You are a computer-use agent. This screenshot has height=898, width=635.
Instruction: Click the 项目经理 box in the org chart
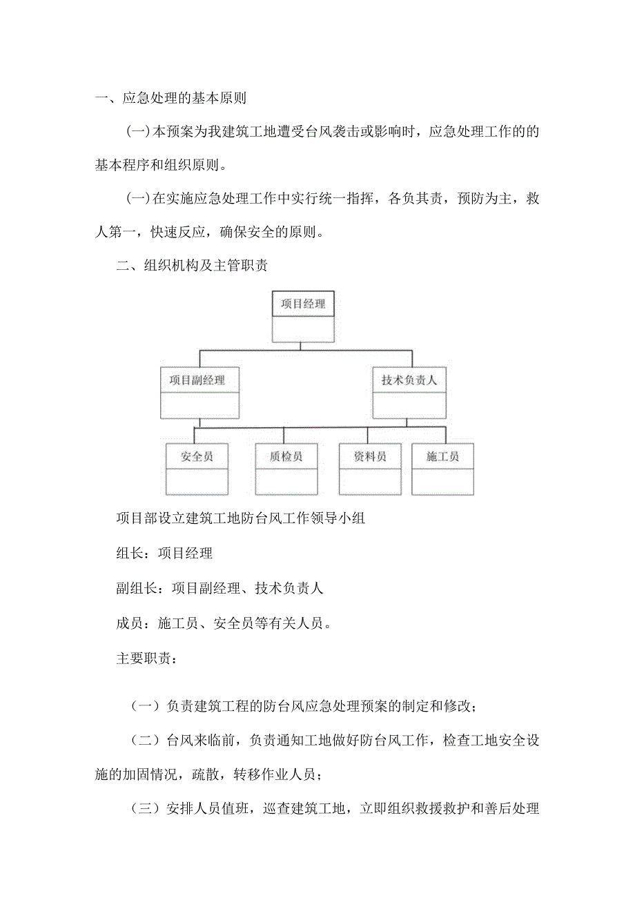(303, 304)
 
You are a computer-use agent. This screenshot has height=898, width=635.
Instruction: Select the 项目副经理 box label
(200, 380)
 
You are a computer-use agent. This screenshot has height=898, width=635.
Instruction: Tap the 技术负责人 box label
(409, 380)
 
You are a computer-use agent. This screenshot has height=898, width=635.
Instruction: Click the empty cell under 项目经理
(303, 329)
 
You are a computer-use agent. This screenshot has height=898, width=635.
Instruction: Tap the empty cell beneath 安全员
(197, 481)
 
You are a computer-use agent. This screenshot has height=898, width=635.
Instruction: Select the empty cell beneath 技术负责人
(409, 405)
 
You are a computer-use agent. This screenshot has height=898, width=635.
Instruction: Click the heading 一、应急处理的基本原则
(170, 98)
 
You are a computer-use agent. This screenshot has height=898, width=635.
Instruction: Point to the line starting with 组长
(164, 553)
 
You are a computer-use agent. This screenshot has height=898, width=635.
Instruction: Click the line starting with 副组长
(219, 588)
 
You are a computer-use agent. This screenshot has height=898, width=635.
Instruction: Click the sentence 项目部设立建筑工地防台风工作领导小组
(240, 518)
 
